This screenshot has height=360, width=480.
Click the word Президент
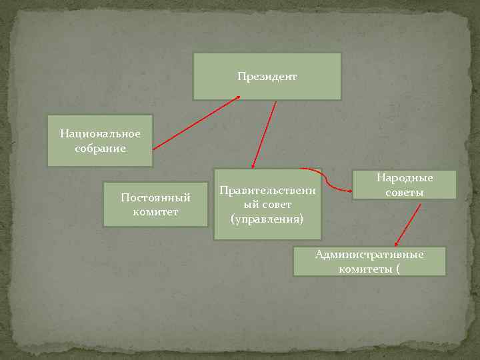pos(267,77)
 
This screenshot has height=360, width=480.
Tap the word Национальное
pos(100,134)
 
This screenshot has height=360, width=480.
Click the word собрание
pos(100,148)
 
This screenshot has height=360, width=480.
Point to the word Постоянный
pos(155,198)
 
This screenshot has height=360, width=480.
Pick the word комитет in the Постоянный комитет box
pos(155,212)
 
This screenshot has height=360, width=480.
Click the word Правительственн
pos(267,191)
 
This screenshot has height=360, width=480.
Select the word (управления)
pos(267,218)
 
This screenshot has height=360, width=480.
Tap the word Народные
pos(405,178)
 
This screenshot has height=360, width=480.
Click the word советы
pos(405,193)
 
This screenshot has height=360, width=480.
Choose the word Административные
pos(369,254)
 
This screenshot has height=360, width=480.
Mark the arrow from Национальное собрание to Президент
pos(197,122)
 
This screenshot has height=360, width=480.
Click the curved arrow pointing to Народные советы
pos(328,182)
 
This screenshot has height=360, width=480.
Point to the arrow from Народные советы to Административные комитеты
pos(408,224)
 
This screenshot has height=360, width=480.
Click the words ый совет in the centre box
pos(267,205)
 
